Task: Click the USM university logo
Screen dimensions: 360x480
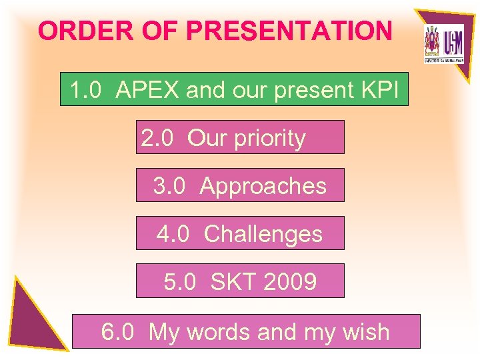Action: click(443, 44)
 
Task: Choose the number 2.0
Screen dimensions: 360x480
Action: click(157, 139)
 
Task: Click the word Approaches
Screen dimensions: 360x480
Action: click(263, 186)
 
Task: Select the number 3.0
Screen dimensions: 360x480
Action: click(169, 186)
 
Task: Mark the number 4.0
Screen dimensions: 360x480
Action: click(173, 234)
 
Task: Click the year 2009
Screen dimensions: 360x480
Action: click(289, 282)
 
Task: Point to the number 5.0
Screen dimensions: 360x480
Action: click(180, 282)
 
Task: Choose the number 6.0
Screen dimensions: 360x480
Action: click(117, 331)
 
